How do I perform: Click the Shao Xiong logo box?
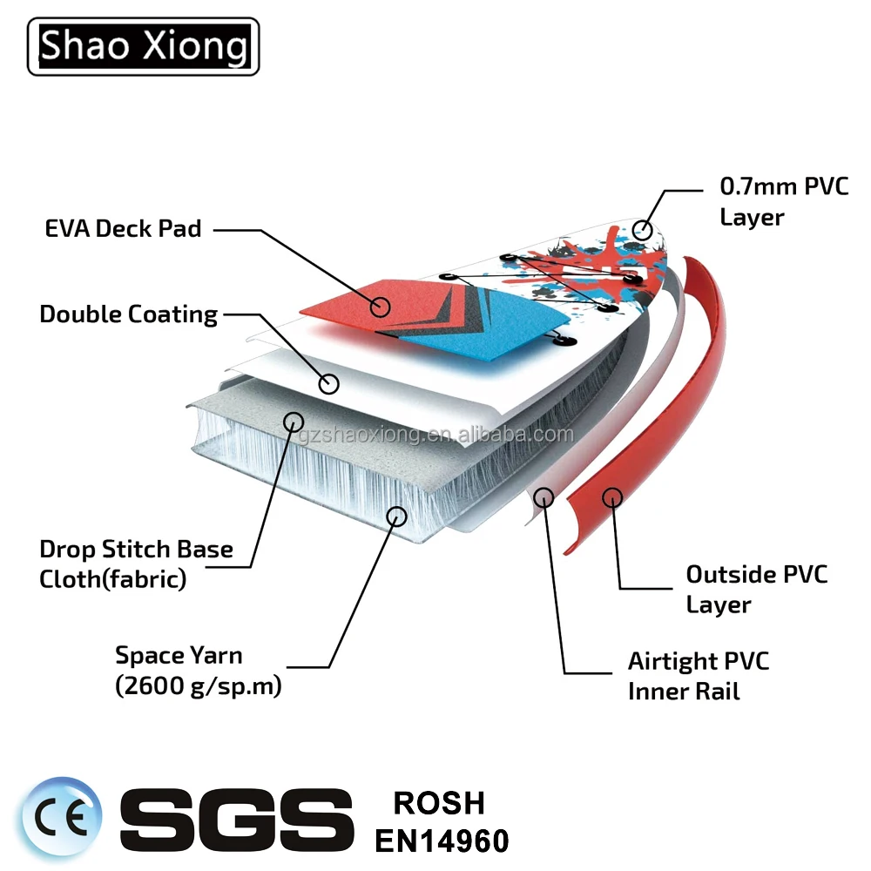(144, 46)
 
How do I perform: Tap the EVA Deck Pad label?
(123, 229)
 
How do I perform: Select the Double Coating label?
(129, 314)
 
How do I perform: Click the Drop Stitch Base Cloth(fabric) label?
(137, 564)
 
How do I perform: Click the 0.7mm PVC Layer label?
(784, 201)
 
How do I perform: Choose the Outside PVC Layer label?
(756, 589)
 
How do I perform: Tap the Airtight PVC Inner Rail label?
(699, 675)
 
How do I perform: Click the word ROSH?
(439, 802)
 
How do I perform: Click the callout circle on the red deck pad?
(379, 306)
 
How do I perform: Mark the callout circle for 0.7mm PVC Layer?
(643, 230)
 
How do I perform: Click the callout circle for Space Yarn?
(396, 516)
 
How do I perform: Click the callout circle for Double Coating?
(328, 382)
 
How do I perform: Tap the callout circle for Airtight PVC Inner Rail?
(544, 497)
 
